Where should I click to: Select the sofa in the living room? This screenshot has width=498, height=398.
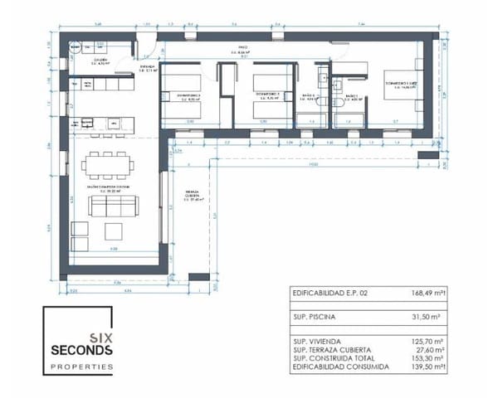pyautogui.click(x=113, y=206)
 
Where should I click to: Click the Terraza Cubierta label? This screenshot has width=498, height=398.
pyautogui.click(x=197, y=197)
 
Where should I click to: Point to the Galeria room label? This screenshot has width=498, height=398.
pyautogui.click(x=102, y=61)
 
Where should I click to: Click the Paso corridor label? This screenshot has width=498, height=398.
pyautogui.click(x=243, y=50)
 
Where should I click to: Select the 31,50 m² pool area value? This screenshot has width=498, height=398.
pyautogui.click(x=429, y=315)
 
